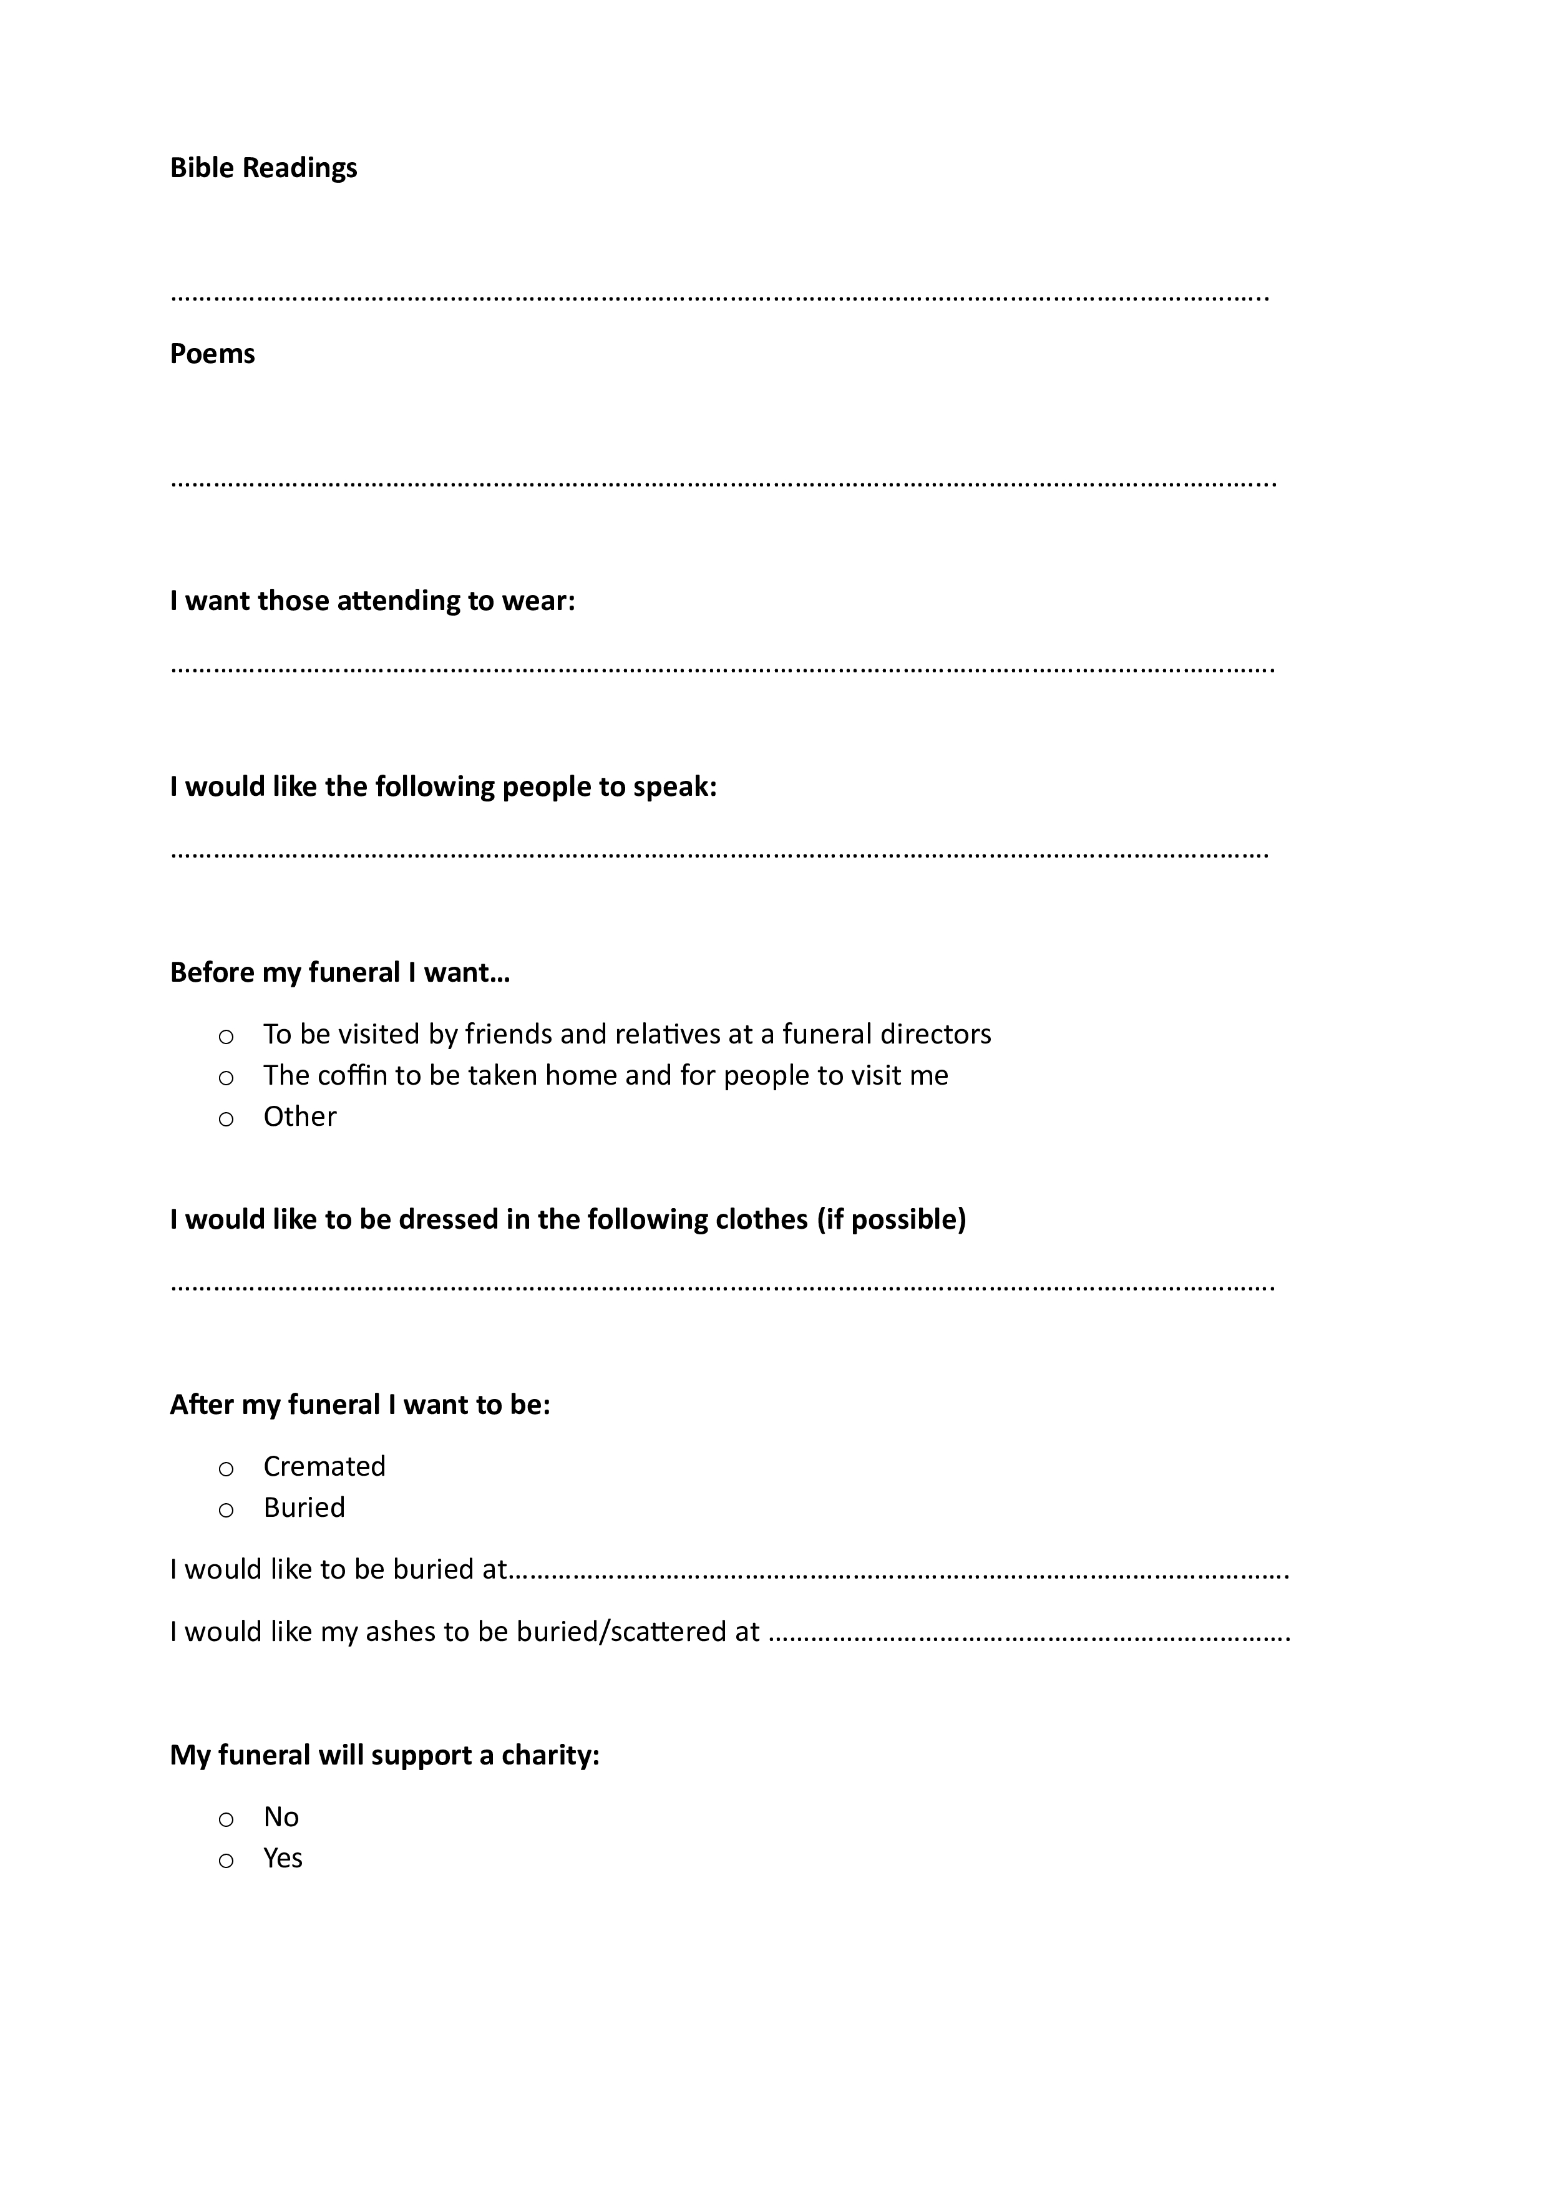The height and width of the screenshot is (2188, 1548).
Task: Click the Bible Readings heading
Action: (x=263, y=168)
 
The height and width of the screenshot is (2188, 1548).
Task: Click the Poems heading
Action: (x=212, y=354)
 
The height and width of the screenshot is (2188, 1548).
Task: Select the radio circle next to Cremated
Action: (x=226, y=1468)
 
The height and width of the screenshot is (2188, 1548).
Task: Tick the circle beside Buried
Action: (x=226, y=1509)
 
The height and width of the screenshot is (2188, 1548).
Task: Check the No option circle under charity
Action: (x=226, y=1819)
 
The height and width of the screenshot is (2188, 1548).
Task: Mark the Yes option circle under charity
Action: (x=226, y=1860)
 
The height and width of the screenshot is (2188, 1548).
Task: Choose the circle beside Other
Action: (x=226, y=1119)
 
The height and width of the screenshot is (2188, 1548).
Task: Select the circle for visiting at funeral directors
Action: (x=226, y=1037)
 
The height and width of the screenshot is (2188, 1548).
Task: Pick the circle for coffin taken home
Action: (x=226, y=1078)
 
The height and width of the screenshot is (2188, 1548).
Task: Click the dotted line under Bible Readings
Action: (x=719, y=298)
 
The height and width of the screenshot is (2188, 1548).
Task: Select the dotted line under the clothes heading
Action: (x=721, y=1287)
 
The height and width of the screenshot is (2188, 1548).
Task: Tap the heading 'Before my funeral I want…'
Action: (x=339, y=973)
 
